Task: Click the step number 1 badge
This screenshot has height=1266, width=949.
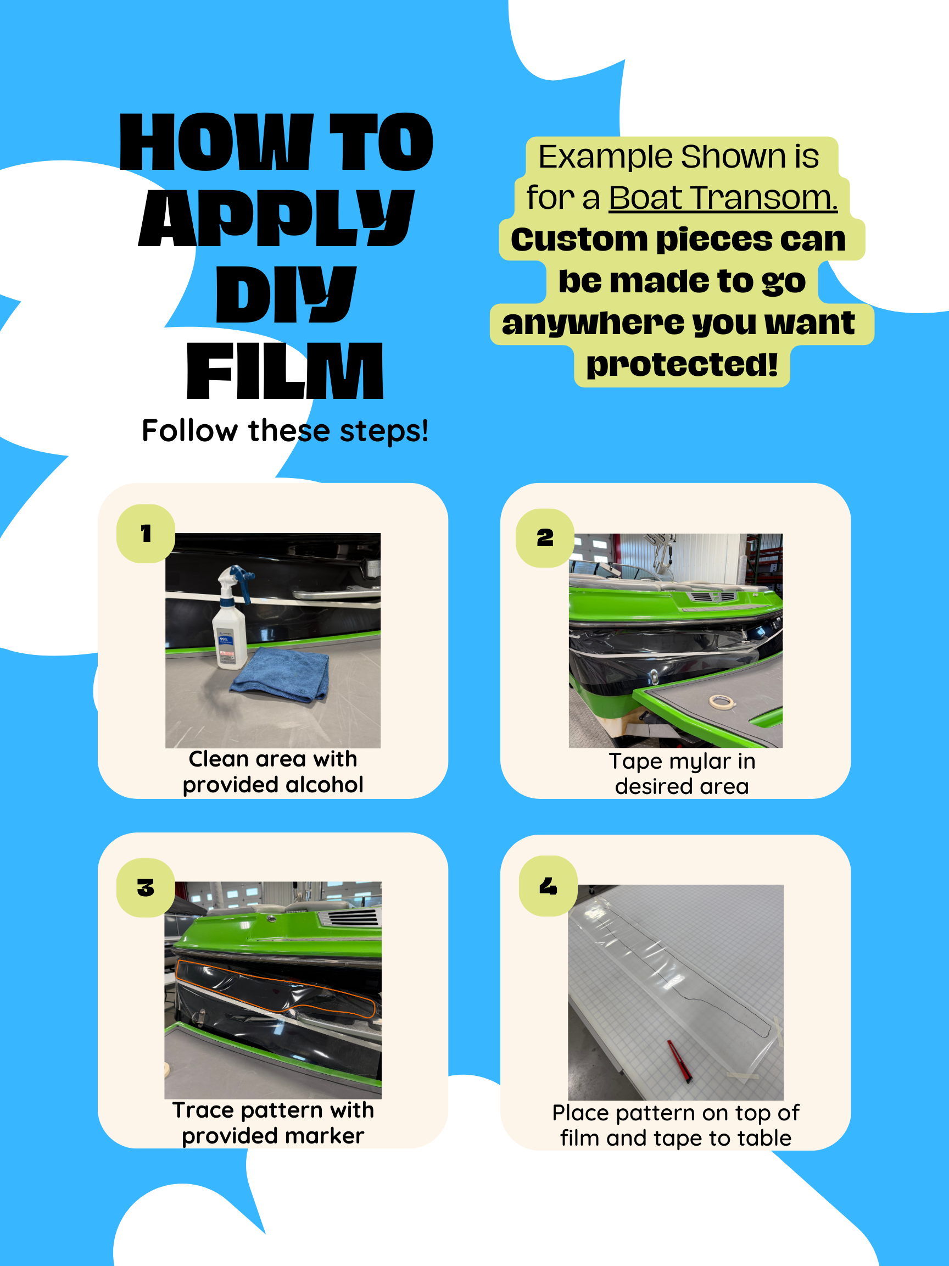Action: (146, 534)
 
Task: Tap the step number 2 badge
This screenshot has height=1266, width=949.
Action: (545, 538)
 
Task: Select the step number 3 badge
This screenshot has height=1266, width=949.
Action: (146, 888)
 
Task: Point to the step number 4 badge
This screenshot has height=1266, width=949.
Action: (548, 886)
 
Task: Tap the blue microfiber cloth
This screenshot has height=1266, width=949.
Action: (280, 674)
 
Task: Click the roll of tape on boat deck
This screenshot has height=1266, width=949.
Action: (722, 702)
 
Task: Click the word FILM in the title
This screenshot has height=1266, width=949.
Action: (285, 371)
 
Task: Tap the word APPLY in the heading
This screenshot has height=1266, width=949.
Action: (276, 218)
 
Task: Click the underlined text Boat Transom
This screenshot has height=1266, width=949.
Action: (723, 198)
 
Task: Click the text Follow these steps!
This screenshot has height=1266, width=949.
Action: (285, 430)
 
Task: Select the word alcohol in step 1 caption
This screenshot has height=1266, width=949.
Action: (325, 784)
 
